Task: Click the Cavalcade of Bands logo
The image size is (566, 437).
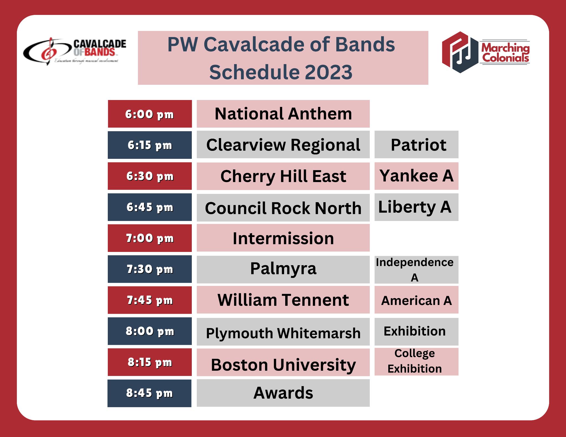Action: click(x=75, y=51)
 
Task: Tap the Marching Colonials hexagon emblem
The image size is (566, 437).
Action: click(x=460, y=52)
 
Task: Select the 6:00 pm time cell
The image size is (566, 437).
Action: click(x=150, y=114)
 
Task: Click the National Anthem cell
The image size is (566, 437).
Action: click(x=283, y=114)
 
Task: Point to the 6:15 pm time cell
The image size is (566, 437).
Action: click(x=150, y=145)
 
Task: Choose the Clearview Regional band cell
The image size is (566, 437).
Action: click(x=283, y=145)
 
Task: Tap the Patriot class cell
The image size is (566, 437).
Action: click(x=416, y=144)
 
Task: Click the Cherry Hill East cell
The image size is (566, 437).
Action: click(x=283, y=176)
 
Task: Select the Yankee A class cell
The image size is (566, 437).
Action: click(x=416, y=176)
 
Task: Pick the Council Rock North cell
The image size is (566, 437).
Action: click(x=283, y=208)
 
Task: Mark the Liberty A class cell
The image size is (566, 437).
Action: click(x=416, y=207)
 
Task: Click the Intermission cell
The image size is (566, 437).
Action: click(x=283, y=238)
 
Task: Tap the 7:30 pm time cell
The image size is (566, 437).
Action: click(x=150, y=269)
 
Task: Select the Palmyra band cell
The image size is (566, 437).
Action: click(x=283, y=270)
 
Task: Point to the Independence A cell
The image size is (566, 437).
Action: click(x=416, y=270)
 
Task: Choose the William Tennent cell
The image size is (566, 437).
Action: click(x=283, y=300)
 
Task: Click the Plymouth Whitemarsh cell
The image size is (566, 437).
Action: click(x=283, y=332)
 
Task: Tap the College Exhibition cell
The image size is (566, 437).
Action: click(x=416, y=362)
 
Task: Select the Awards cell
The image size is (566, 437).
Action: click(x=283, y=393)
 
